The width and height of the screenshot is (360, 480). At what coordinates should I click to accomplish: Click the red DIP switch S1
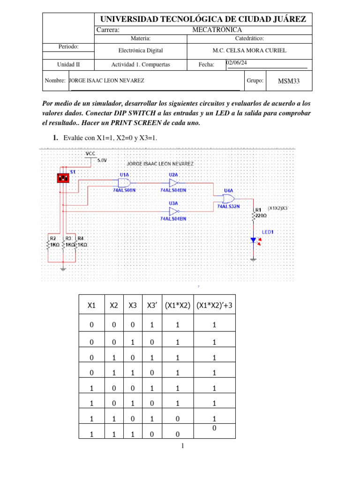(x=63, y=178)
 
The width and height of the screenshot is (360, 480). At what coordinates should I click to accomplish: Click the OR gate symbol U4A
(x=230, y=198)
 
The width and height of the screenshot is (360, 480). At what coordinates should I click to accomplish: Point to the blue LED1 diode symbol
(x=253, y=240)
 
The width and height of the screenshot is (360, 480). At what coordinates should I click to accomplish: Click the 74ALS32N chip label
(x=228, y=206)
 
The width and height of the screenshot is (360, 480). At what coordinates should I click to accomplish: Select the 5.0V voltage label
(x=102, y=160)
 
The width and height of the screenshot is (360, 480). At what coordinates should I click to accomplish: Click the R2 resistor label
(x=53, y=239)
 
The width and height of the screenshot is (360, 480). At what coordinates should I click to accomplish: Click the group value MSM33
(x=288, y=81)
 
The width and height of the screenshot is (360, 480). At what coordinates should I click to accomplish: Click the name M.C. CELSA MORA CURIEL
(x=249, y=51)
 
